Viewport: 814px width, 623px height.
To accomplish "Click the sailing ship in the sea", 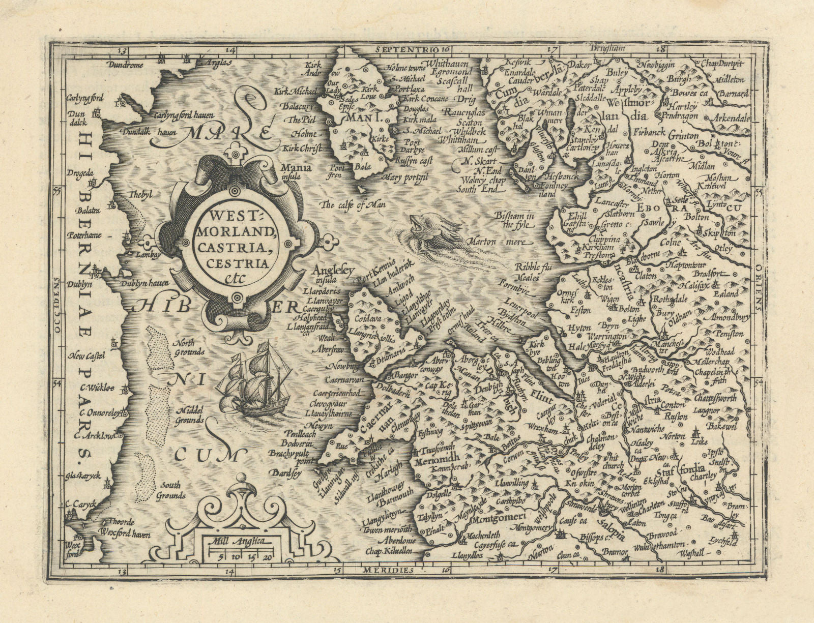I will pos(252,381).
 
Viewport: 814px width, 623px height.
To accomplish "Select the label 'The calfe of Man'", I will pos(353,205).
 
